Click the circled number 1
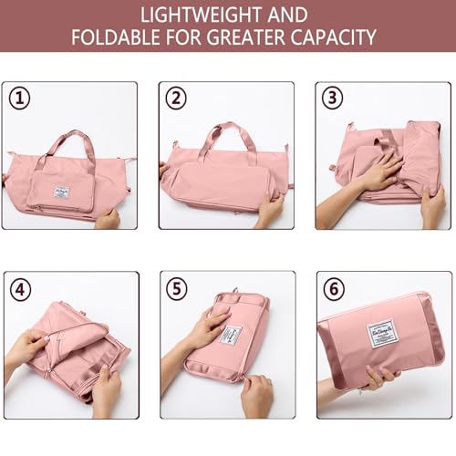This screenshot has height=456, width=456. (19, 98)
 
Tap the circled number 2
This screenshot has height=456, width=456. (176, 98)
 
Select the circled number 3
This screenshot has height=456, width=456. (333, 98)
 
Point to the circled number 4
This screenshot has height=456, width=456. (19, 289)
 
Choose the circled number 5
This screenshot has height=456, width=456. (176, 289)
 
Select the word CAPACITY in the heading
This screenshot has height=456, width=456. (329, 39)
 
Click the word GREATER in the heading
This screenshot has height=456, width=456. (242, 39)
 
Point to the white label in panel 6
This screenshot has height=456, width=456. (385, 334)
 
